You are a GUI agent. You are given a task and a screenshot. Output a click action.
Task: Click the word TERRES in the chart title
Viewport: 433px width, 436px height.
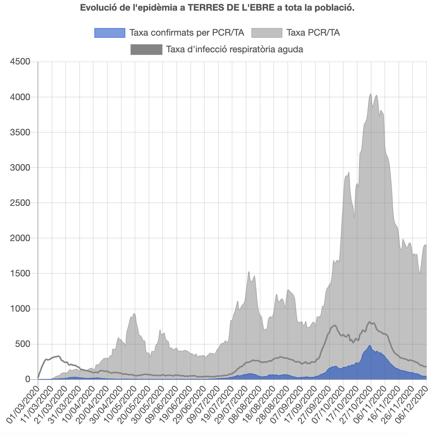(x=203, y=8)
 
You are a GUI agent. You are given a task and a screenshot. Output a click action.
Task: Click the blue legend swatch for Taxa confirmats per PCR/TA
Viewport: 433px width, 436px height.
(x=110, y=33)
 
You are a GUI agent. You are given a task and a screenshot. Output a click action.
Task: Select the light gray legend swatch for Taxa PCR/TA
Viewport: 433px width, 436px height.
(x=267, y=33)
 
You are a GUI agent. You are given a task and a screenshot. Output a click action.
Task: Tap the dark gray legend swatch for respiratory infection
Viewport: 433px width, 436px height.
(x=146, y=50)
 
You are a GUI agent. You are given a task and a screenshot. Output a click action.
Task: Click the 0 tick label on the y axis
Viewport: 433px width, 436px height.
(x=27, y=380)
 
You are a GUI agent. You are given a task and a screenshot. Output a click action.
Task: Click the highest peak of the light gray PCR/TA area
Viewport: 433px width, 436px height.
(x=370, y=94)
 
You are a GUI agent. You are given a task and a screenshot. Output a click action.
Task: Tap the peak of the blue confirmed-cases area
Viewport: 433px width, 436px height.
(x=370, y=346)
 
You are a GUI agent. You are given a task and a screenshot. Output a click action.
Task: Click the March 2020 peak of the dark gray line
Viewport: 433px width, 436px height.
(x=58, y=356)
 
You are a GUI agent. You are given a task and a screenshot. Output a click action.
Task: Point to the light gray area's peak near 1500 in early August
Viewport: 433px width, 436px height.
(x=249, y=272)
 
